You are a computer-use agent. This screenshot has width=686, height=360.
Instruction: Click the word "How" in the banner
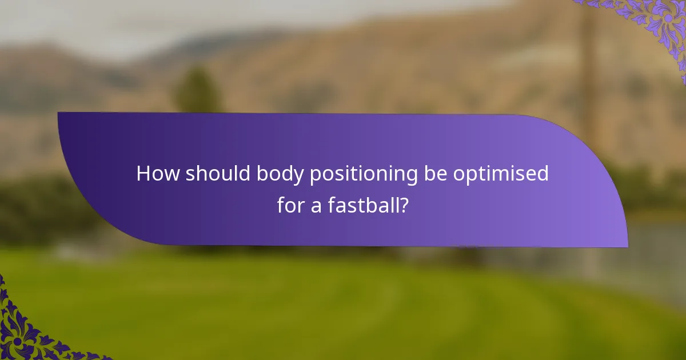tap(157, 174)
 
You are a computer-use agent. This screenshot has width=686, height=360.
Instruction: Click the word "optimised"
tap(501, 174)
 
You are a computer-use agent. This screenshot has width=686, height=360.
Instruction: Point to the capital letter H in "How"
tap(143, 174)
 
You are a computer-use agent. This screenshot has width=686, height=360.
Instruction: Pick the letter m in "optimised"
tap(502, 174)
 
